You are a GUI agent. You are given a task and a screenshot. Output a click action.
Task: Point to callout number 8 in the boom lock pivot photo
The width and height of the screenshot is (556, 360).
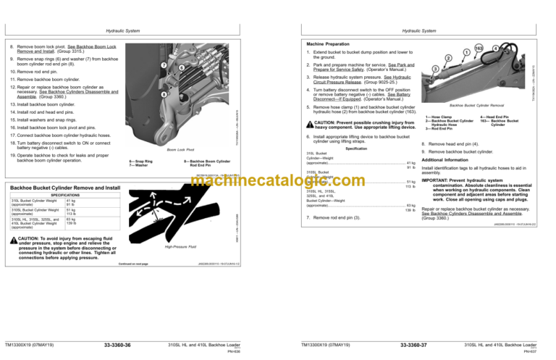coord(165,94)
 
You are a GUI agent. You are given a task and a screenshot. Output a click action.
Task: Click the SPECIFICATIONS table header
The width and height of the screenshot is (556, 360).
coord(61,194)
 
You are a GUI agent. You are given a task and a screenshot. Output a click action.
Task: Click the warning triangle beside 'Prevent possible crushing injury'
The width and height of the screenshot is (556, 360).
coord(311,122)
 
